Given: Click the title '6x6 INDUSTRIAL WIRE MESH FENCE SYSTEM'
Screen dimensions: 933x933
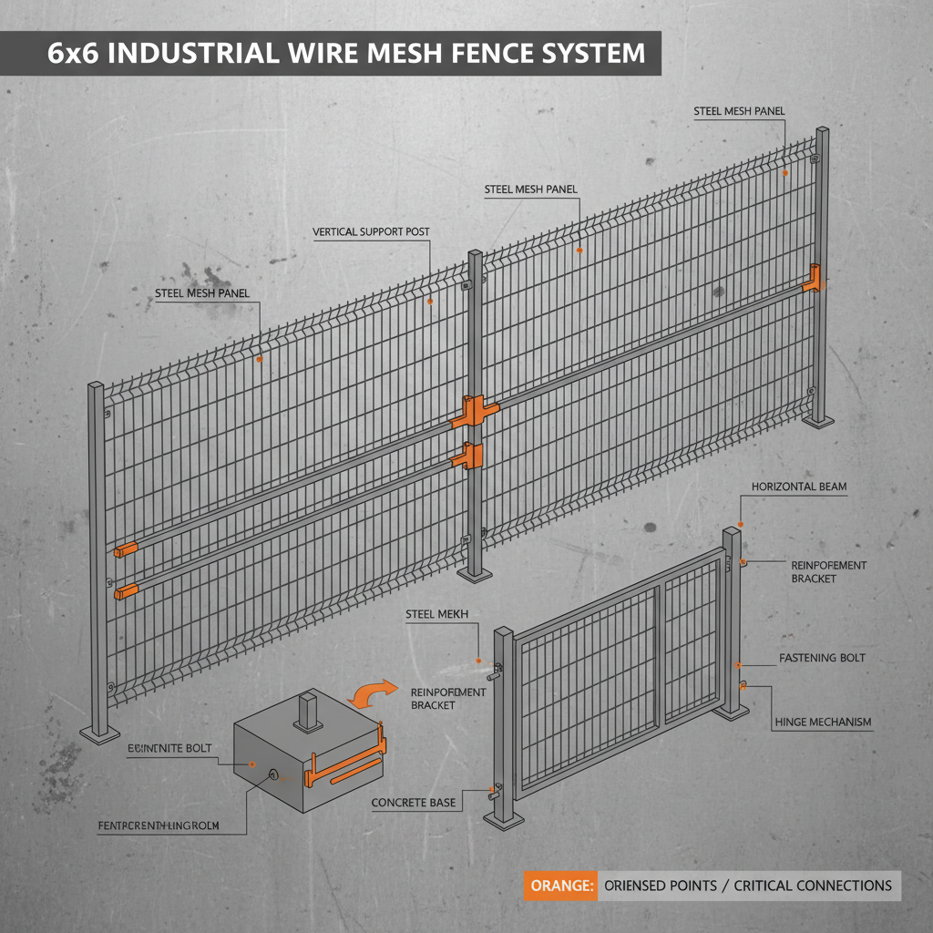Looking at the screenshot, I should tap(346, 52).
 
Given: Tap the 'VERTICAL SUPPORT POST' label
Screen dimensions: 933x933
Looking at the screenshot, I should tap(371, 232).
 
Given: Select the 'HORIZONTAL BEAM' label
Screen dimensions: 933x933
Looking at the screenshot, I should tap(799, 487).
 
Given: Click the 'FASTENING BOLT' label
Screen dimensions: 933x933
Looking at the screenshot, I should tap(822, 658).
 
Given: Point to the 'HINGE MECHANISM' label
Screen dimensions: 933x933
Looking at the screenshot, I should tap(823, 723).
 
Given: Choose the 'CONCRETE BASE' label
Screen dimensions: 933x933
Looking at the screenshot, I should tap(414, 804).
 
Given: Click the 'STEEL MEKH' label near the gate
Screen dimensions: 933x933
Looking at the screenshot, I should tap(436, 615).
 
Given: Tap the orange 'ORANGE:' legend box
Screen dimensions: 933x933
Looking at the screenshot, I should tap(560, 886).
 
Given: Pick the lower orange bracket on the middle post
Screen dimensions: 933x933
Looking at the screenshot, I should tap(472, 455).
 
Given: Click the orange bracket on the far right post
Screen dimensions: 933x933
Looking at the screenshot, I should tap(813, 278).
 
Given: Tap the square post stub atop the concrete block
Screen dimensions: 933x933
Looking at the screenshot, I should tap(311, 710).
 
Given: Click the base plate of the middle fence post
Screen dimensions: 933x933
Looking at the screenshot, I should tap(475, 574).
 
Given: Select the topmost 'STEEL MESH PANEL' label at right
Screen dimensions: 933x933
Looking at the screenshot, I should tap(739, 112).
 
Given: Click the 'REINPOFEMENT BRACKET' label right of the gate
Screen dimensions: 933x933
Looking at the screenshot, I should tap(828, 572).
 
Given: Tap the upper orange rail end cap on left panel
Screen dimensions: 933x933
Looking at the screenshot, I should tap(126, 549).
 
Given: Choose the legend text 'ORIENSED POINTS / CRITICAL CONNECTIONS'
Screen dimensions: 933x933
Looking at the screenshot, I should tap(748, 886).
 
